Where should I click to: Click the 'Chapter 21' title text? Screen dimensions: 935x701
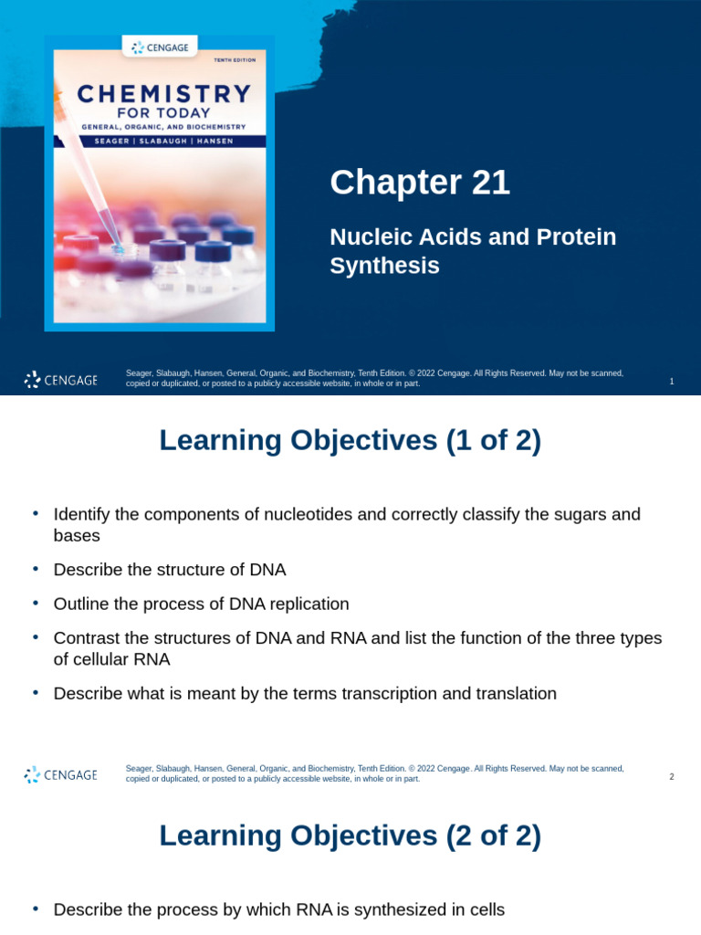[x=420, y=183]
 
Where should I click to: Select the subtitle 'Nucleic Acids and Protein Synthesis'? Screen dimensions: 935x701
[x=473, y=250]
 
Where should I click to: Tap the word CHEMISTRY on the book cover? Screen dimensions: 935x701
[x=163, y=94]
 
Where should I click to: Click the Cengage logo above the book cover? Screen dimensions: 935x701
[x=160, y=47]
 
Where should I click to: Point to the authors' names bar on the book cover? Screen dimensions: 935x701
[x=159, y=141]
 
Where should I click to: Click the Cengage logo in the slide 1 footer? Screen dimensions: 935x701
[x=60, y=380]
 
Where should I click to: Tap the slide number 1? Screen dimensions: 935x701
[x=672, y=382]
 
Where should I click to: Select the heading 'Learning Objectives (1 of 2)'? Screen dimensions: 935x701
[x=350, y=440]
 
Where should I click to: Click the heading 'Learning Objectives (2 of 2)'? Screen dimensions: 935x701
[x=350, y=835]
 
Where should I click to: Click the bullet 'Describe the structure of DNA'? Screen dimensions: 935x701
[x=170, y=570]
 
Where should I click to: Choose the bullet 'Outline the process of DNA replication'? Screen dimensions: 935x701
[x=201, y=604]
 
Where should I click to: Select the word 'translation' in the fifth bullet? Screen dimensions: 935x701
[x=516, y=693]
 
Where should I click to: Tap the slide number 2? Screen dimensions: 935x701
[x=672, y=777]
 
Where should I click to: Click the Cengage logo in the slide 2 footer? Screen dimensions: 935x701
[x=60, y=775]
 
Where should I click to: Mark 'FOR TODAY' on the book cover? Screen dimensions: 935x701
[x=163, y=113]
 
